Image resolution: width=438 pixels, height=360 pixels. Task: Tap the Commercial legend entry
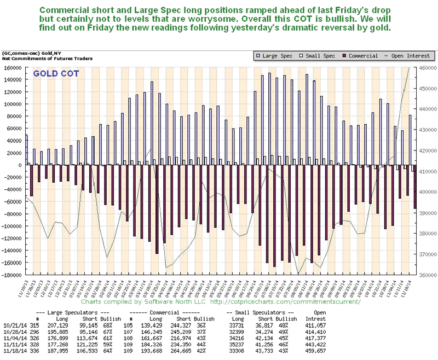tap(361, 56)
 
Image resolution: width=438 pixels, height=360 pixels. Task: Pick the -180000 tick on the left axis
tap(11, 275)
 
